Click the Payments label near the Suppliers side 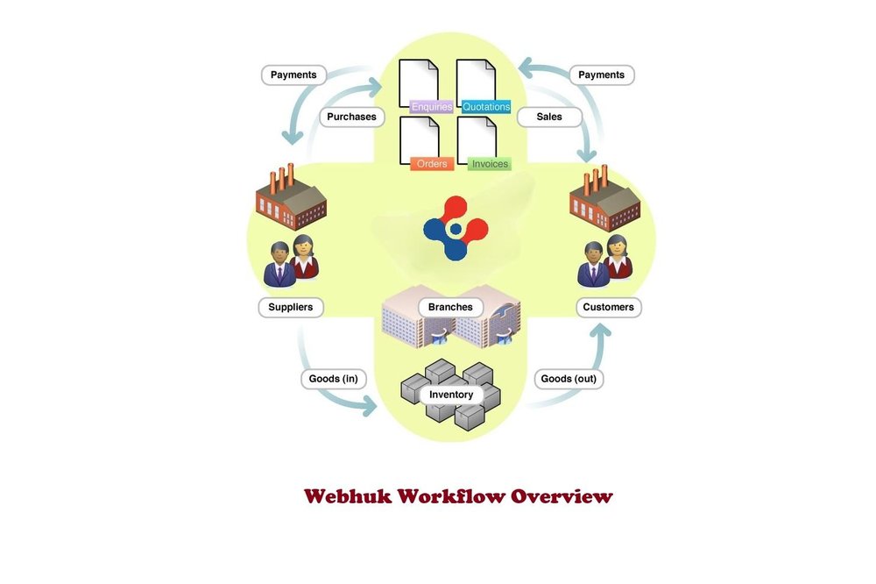click(293, 75)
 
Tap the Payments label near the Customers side click(602, 75)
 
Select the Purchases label click(351, 117)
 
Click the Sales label click(548, 117)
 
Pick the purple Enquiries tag click(431, 107)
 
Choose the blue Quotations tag click(486, 107)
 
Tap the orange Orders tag click(431, 163)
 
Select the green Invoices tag click(489, 163)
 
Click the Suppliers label click(291, 307)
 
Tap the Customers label click(608, 307)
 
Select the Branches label click(450, 307)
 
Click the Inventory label click(451, 395)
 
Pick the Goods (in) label click(333, 379)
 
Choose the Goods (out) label click(568, 379)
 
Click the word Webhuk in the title click(346, 496)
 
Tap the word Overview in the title click(562, 496)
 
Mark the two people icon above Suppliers click(291, 260)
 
